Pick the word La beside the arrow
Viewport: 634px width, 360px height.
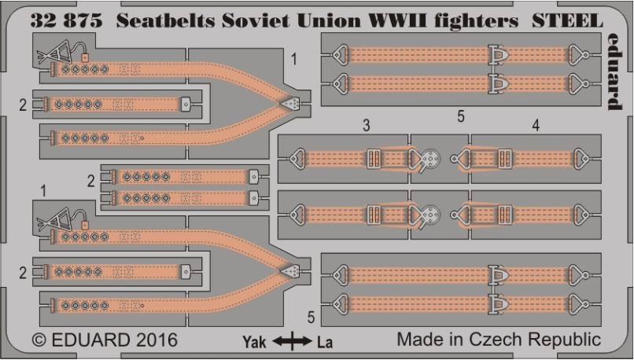pos(324,342)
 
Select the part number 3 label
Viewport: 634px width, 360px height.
pos(367,125)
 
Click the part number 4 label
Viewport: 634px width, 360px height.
pos(535,125)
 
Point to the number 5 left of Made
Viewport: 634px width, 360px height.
pos(311,318)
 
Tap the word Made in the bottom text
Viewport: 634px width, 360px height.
pos(419,341)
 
